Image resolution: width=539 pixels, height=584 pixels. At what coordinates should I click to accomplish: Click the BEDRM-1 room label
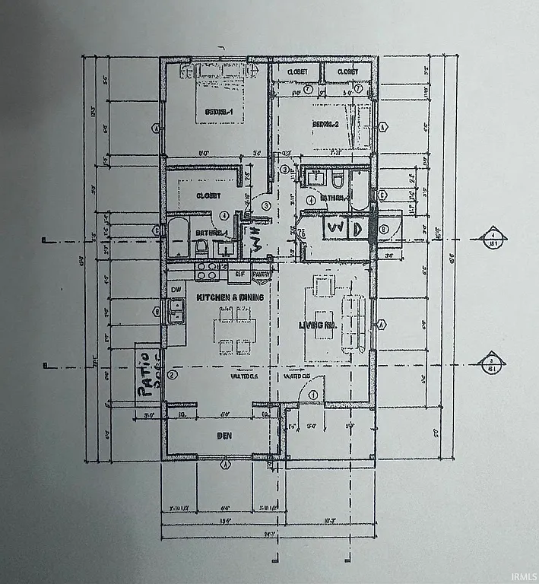click(218, 113)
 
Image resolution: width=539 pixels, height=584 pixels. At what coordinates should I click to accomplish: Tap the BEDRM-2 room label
click(324, 124)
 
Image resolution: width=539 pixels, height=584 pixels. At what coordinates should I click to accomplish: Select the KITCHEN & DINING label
click(230, 297)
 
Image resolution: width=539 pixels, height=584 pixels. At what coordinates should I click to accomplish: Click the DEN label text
click(224, 436)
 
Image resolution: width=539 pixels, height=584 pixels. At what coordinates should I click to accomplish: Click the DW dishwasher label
click(176, 289)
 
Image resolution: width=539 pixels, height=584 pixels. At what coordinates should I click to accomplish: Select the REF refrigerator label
click(239, 273)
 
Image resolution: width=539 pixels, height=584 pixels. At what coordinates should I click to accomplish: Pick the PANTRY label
click(261, 273)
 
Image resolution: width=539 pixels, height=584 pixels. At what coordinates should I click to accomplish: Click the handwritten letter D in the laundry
click(356, 228)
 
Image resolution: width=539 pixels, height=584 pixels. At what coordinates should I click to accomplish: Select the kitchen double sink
click(176, 312)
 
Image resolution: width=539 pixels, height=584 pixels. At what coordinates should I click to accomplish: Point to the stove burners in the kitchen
click(207, 271)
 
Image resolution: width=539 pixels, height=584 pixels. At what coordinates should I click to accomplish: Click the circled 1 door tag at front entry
click(312, 395)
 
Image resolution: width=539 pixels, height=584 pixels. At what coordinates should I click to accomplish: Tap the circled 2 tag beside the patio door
click(173, 374)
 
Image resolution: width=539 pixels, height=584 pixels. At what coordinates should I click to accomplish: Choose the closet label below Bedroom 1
click(208, 195)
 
